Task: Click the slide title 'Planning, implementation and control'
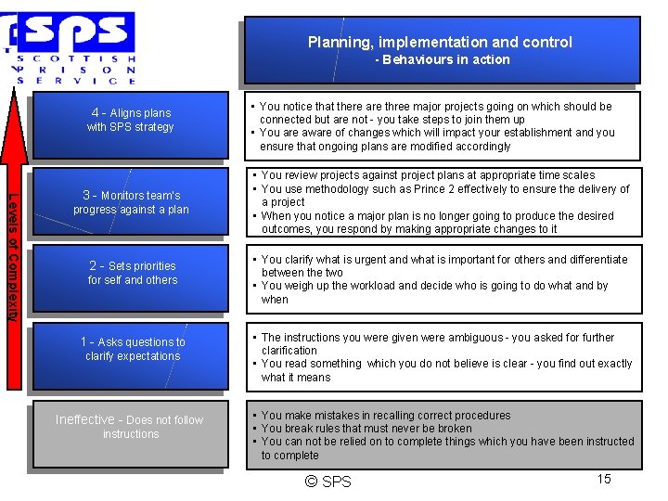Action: click(x=440, y=42)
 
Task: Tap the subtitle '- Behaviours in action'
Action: click(x=443, y=59)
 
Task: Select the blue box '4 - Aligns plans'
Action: click(x=130, y=121)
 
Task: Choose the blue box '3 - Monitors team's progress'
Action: click(x=130, y=202)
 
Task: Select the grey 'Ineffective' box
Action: click(x=129, y=427)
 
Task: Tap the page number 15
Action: click(x=603, y=479)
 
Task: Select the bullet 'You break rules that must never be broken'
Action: click(x=366, y=429)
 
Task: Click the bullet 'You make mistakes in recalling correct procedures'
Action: click(x=386, y=416)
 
